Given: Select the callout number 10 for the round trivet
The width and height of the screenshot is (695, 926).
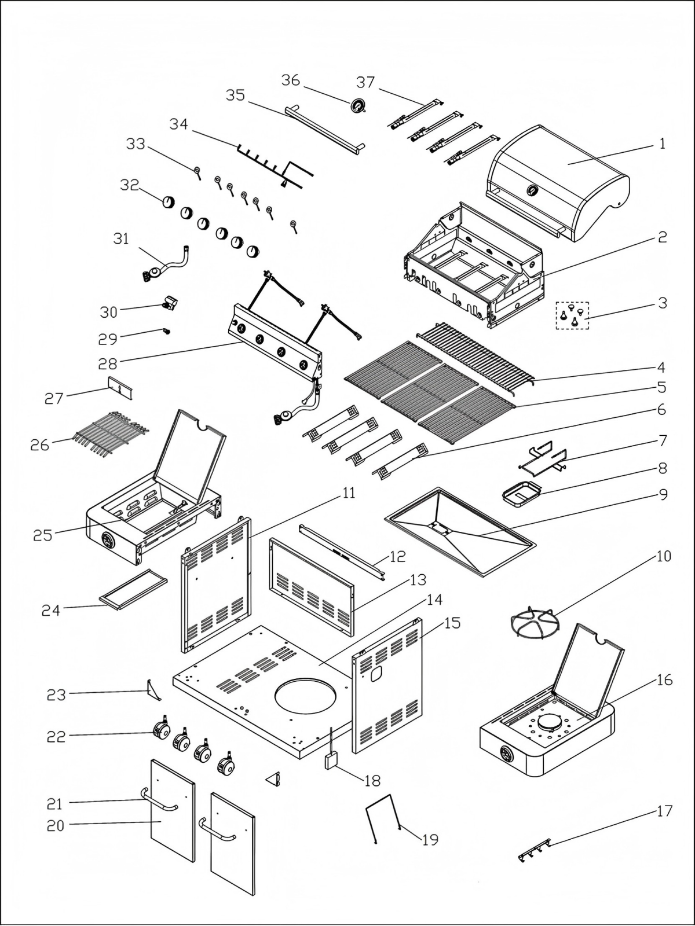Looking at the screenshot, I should [663, 556].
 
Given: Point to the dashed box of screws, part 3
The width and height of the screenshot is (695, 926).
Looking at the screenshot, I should [572, 315].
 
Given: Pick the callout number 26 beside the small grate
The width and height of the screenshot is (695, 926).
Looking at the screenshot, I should [40, 445].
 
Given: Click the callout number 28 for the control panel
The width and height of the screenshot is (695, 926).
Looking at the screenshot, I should [107, 363].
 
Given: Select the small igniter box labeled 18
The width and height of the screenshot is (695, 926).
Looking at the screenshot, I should [331, 760].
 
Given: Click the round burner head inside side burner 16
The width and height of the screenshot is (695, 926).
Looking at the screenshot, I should [547, 722].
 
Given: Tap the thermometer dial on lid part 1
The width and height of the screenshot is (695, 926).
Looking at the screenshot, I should [532, 190].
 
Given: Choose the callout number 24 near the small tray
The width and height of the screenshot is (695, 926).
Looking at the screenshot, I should [51, 609].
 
